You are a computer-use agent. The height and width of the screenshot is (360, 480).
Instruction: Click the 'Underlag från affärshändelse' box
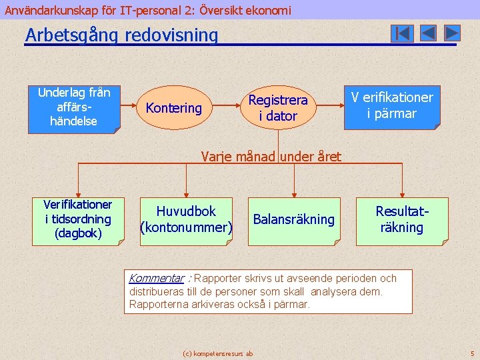[74, 107]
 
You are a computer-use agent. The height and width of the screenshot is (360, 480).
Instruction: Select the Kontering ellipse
[173, 107]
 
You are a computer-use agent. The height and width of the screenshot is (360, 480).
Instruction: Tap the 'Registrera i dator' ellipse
[278, 108]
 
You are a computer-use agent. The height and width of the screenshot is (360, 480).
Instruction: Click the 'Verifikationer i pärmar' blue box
[392, 106]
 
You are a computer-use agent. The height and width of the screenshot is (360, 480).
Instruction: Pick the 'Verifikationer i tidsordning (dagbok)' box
[77, 219]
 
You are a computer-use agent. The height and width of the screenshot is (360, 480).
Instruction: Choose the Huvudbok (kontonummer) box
[186, 219]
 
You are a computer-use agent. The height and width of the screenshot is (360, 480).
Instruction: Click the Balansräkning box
[293, 220]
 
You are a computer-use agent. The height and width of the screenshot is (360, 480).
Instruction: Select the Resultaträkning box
[401, 220]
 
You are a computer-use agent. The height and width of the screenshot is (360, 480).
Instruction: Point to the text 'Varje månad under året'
[271, 157]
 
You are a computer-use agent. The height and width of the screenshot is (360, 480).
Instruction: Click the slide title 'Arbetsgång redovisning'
[121, 35]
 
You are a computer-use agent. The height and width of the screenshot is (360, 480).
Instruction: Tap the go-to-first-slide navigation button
[402, 33]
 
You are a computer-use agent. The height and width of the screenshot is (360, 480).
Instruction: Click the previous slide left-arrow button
[428, 33]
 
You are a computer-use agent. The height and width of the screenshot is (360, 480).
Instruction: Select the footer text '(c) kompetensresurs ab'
[217, 353]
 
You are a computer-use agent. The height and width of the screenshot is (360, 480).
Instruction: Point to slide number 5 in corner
[472, 353]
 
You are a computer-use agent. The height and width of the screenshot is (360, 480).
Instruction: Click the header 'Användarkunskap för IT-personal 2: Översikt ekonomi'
[148, 10]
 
